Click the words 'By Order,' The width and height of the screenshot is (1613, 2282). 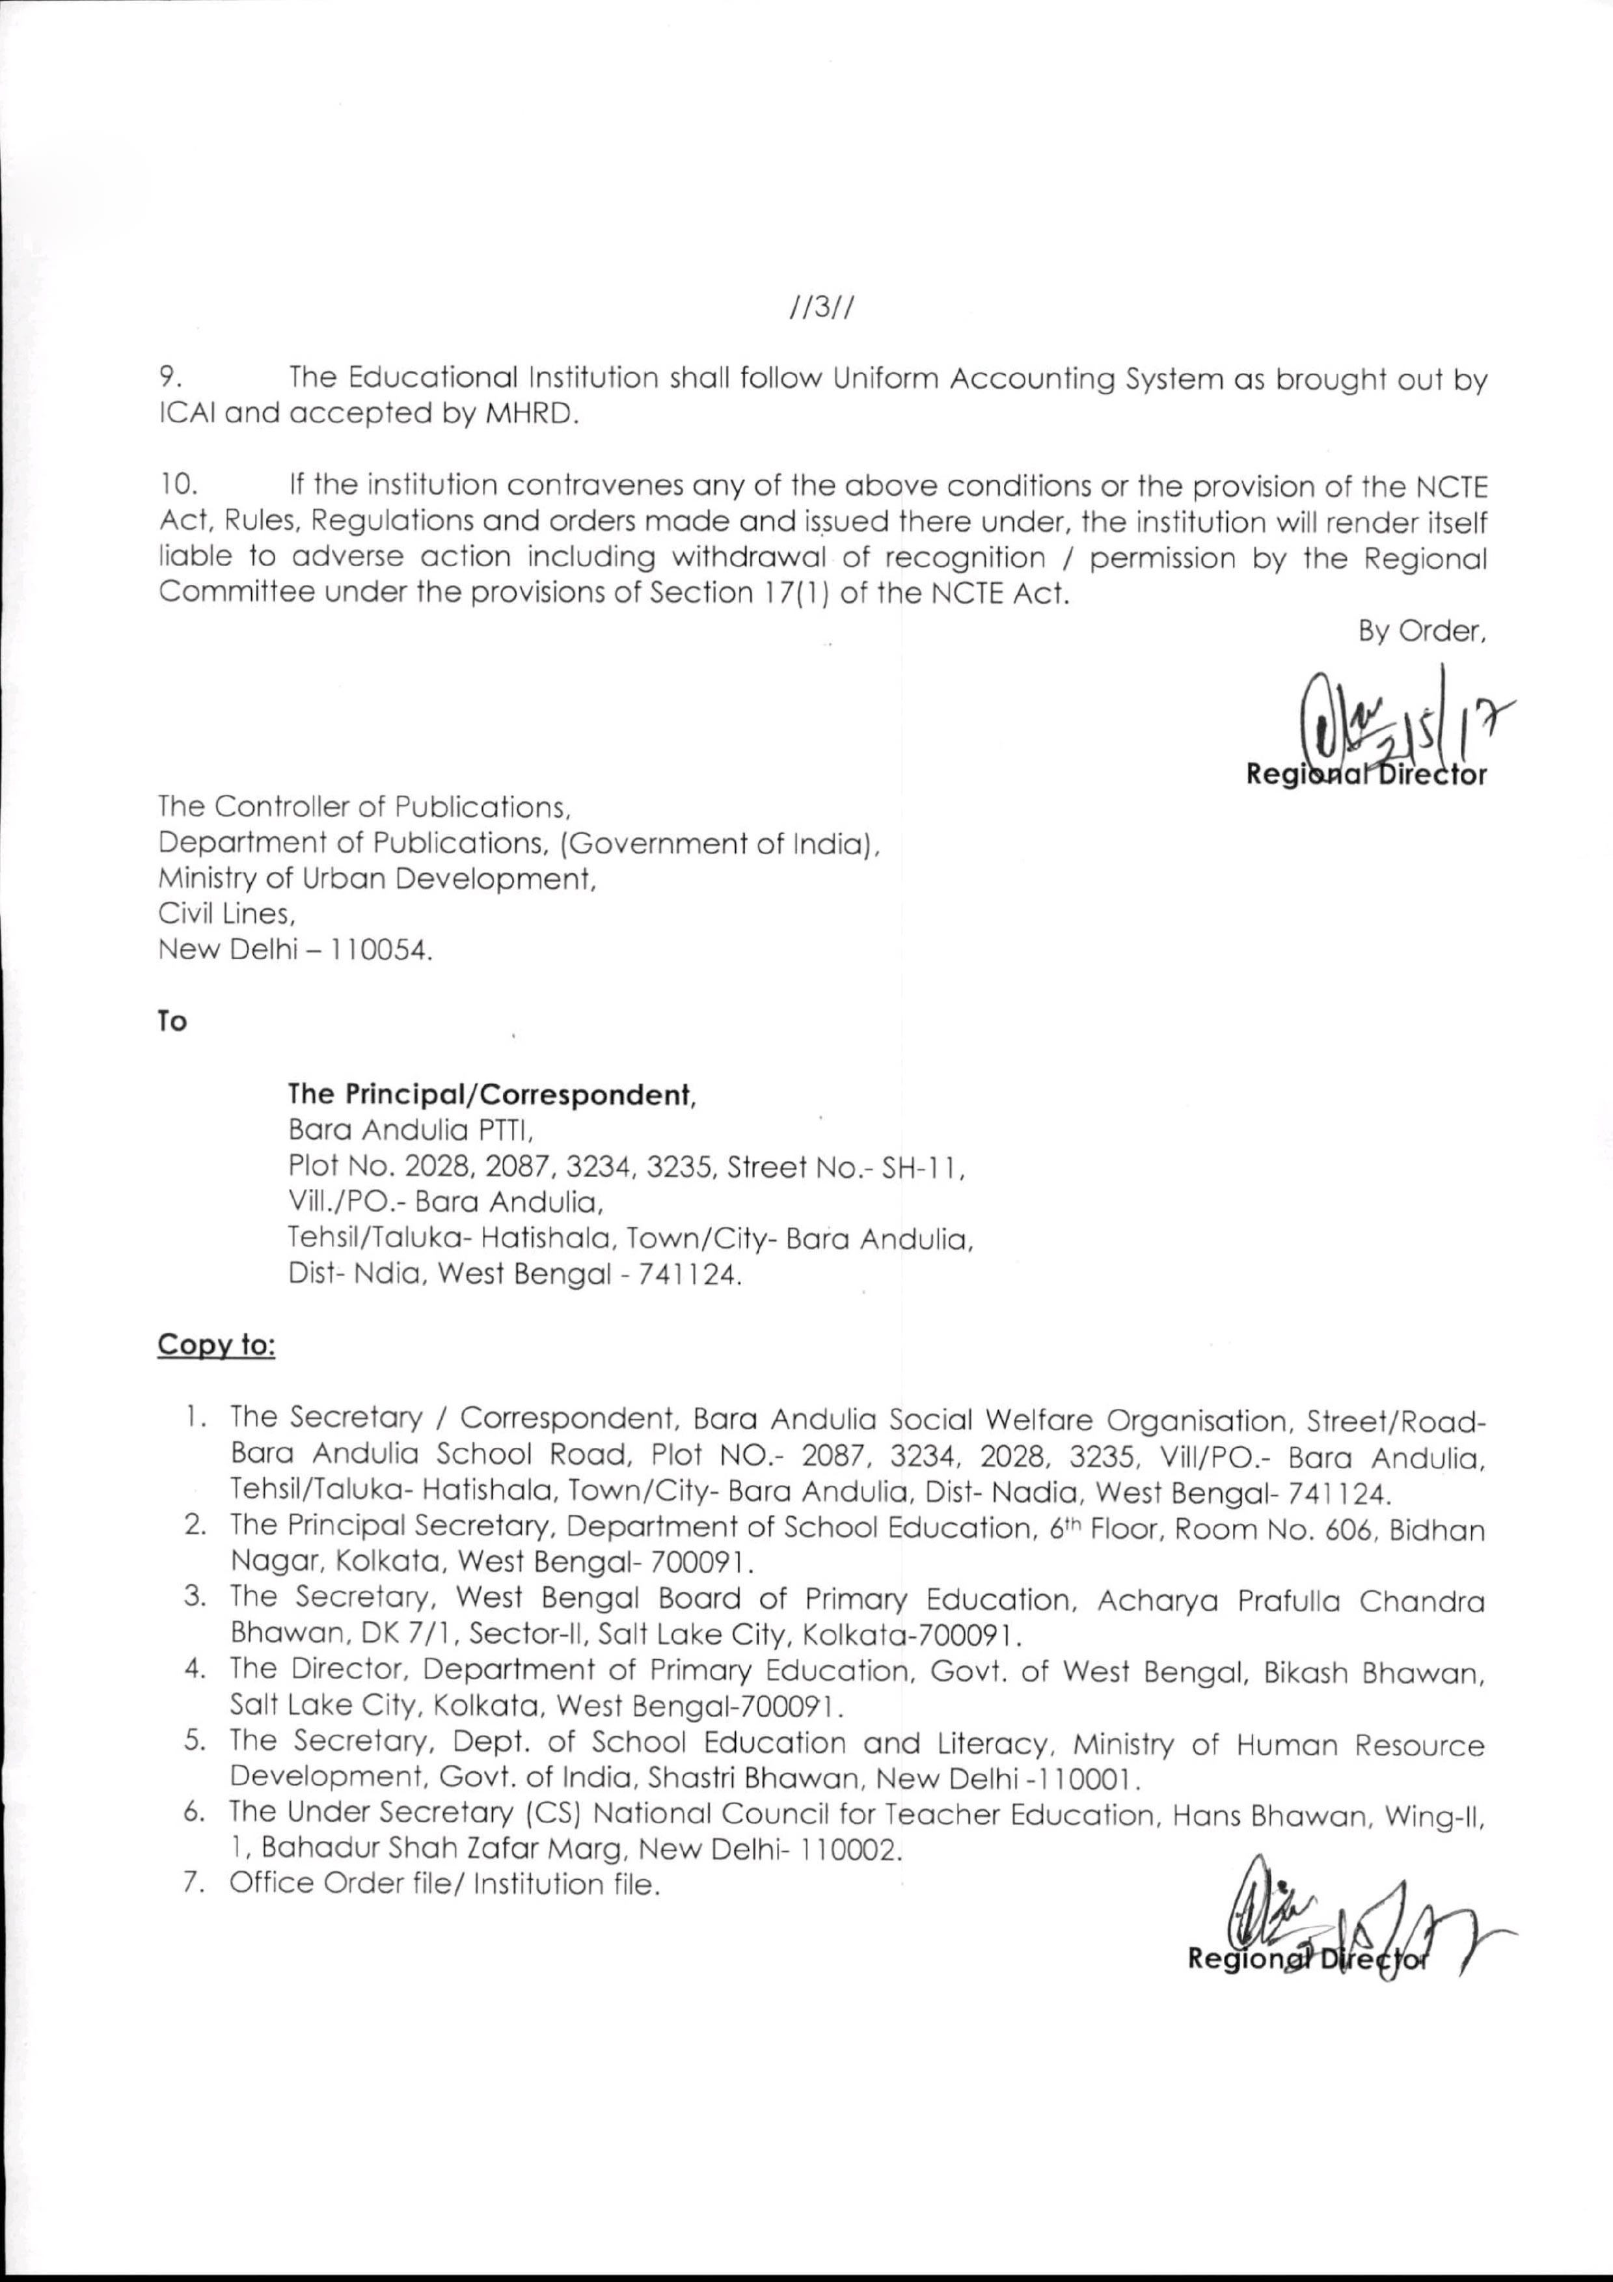[1421, 632]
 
